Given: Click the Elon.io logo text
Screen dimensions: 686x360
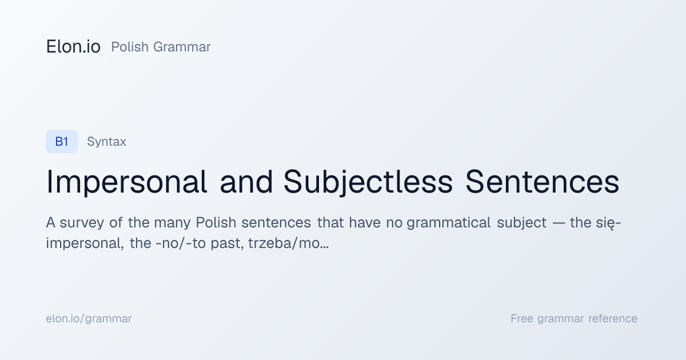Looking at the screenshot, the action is point(73,47).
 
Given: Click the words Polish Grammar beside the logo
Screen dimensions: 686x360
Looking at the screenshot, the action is point(161,47).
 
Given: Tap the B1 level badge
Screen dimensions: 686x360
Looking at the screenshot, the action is point(62,142).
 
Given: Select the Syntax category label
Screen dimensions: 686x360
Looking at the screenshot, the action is point(106,142).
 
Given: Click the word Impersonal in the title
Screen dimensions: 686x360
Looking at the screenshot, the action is point(127,182).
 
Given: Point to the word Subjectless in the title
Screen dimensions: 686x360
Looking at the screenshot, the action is point(368,182).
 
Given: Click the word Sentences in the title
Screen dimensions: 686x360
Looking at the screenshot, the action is point(543,182).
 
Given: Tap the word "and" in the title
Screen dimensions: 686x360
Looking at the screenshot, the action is point(246,182).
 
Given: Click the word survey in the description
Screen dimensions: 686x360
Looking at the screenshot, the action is point(82,223).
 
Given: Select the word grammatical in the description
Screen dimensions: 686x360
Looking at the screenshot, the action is point(449,222).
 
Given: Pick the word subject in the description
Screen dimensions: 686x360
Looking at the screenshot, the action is point(521,222).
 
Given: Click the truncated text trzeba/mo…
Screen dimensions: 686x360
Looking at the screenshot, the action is point(289,243).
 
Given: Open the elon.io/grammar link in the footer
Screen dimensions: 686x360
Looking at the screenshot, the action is point(89,319).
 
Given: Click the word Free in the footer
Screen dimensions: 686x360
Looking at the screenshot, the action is point(522,318).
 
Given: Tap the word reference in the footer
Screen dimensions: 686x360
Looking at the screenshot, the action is point(613,319).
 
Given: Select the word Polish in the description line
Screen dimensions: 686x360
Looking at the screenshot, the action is point(216,222).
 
